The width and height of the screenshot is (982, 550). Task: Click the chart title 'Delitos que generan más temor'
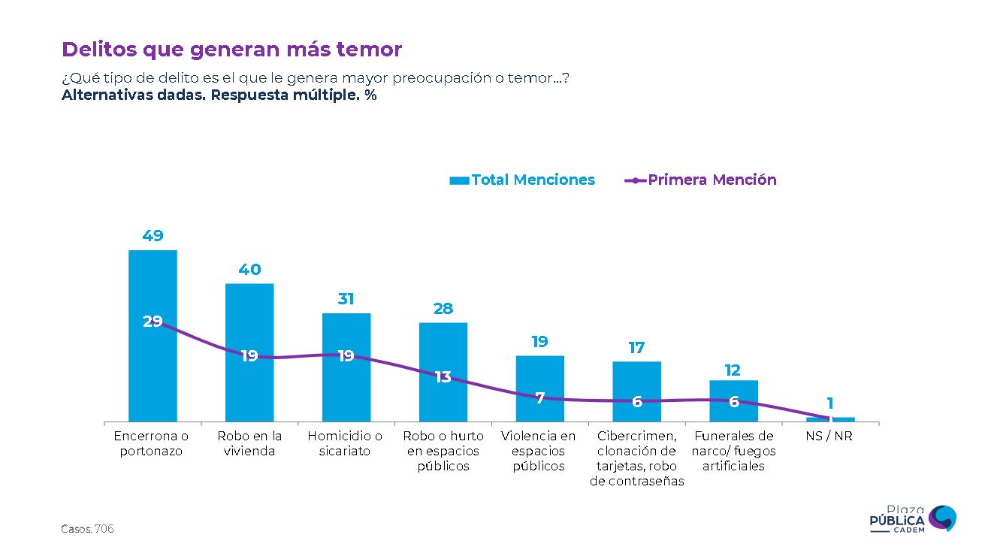231,50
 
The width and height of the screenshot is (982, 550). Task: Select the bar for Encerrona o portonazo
153,376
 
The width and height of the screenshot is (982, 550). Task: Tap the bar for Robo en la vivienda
249,391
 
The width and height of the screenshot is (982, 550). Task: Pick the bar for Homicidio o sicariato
346,391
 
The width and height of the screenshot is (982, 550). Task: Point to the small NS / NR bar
830,419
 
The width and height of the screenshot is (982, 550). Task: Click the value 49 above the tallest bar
153,236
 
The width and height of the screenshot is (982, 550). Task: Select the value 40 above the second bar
249,270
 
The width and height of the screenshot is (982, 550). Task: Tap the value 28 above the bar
443,309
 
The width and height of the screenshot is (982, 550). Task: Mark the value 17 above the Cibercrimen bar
636,348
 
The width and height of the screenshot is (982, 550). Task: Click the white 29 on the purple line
153,322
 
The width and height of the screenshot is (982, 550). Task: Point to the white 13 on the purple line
443,377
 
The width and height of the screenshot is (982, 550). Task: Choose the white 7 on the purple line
539,398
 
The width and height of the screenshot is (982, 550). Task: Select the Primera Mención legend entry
701,180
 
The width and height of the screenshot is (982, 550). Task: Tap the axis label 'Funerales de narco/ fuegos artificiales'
733,451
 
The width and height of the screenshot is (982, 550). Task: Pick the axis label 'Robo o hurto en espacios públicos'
443,451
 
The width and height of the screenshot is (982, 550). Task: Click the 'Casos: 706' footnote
87,530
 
